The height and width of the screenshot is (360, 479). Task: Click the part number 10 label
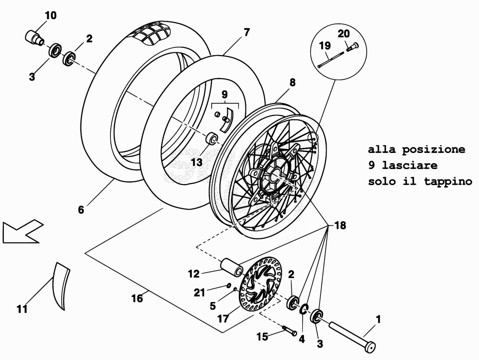(51, 15)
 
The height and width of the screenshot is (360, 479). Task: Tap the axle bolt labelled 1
(352, 335)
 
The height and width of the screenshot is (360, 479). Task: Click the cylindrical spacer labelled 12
(232, 267)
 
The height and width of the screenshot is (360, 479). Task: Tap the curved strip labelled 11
(60, 286)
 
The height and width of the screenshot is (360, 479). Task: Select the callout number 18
(340, 225)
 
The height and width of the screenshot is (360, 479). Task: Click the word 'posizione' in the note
(434, 149)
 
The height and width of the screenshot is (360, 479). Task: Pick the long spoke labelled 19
(330, 59)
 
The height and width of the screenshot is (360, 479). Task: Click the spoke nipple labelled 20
(352, 46)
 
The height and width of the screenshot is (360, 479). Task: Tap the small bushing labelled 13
(211, 139)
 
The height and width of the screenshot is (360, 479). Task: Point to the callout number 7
(247, 32)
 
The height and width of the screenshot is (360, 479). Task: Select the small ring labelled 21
(228, 286)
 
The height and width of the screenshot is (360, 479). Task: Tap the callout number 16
(137, 298)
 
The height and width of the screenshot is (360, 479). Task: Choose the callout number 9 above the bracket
(225, 94)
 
